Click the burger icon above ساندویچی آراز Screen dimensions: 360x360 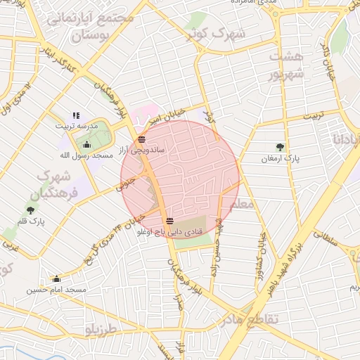coord(143,139)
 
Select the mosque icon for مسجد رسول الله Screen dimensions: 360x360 coord(86,145)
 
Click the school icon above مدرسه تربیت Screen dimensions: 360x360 coord(77,116)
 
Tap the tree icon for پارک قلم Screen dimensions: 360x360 coord(30,210)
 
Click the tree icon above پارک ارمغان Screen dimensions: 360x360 coord(281,148)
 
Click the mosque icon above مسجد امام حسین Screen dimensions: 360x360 coord(56,278)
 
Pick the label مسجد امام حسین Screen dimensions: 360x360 coord(57,289)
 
